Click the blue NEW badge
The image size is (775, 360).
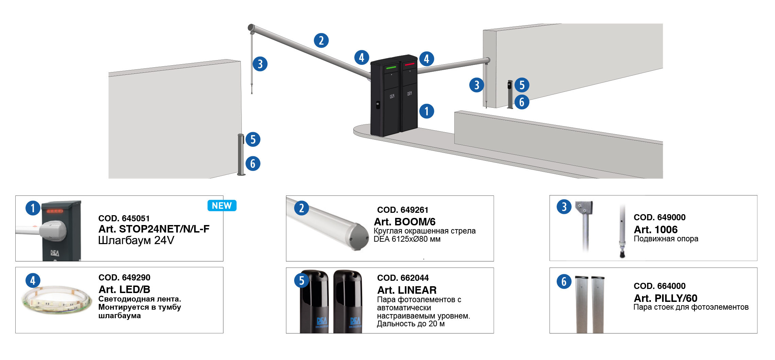point(222,206)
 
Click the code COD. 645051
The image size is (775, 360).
point(124,218)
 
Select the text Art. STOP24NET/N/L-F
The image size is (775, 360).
point(154,229)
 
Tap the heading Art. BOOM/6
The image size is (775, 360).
point(404,222)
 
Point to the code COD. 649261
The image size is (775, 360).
point(402,210)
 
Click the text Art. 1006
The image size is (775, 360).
point(655,229)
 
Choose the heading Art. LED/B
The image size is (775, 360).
point(124,289)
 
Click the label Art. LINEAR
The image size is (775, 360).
point(407,290)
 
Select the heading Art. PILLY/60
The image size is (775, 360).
point(665,298)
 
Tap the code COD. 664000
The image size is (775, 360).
point(659,286)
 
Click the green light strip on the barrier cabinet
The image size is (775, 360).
point(391,68)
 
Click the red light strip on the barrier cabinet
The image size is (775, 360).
point(410,64)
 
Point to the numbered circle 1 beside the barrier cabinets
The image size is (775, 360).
point(426,111)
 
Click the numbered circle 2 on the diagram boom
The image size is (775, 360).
point(321,40)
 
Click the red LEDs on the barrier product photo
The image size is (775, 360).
point(54,211)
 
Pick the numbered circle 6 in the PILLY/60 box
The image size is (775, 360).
point(564,281)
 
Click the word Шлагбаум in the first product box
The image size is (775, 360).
point(124,240)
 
